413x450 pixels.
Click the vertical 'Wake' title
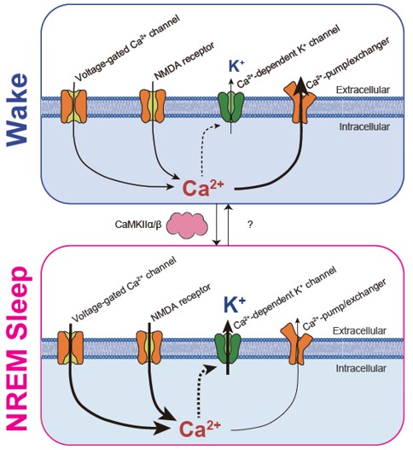[18, 109]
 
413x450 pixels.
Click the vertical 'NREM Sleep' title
[18, 348]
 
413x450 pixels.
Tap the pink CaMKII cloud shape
[187, 226]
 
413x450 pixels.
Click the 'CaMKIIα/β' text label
[138, 224]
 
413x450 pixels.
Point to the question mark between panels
[250, 225]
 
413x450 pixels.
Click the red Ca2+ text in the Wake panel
[203, 188]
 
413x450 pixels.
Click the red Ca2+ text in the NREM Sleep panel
[200, 429]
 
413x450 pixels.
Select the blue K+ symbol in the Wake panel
[236, 66]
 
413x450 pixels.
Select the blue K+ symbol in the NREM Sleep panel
[235, 305]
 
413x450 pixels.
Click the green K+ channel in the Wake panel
[231, 107]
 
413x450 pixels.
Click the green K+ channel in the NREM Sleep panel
[228, 348]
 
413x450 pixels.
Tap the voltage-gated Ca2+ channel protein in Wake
[73, 107]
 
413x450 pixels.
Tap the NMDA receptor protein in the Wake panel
[152, 106]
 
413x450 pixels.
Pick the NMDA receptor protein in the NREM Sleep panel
[148, 347]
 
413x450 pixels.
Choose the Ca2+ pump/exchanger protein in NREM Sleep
[297, 344]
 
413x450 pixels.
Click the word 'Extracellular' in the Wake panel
[363, 90]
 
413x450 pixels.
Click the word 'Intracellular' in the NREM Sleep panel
[361, 368]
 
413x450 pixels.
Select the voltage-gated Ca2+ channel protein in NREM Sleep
[71, 348]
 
